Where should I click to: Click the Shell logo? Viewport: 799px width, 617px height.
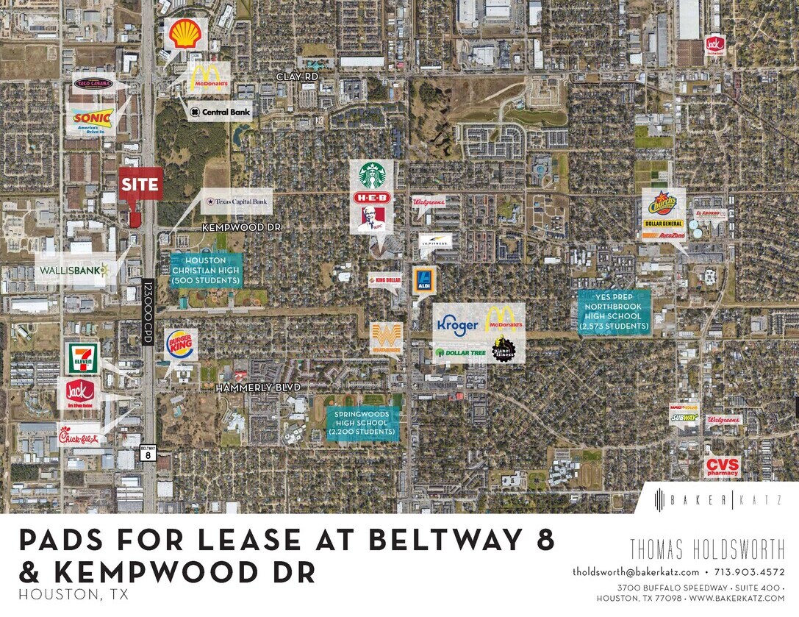[184, 34]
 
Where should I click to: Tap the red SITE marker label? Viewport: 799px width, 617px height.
[140, 184]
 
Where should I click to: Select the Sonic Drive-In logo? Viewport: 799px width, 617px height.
[93, 118]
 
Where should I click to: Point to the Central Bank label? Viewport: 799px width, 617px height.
[220, 112]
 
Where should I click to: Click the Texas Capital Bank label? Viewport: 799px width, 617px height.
[237, 201]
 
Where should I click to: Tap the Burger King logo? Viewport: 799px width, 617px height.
[179, 344]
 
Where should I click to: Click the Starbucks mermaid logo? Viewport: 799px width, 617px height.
[372, 175]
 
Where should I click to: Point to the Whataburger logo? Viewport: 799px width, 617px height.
[387, 337]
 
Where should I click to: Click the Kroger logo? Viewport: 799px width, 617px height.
[457, 324]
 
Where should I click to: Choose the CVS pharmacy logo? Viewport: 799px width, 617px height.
[722, 466]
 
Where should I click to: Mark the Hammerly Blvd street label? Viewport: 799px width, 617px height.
[258, 387]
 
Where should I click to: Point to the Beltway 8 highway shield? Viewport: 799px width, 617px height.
[148, 452]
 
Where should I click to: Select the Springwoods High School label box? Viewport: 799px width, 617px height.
[363, 424]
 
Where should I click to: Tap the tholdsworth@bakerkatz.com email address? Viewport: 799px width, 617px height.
[636, 571]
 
